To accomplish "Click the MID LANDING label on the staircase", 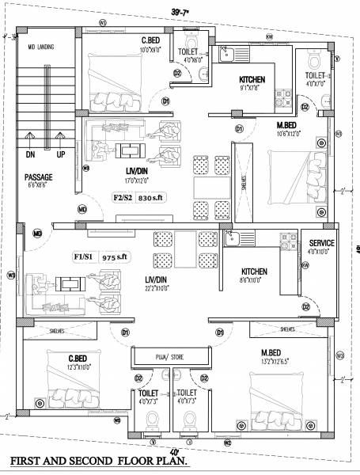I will tap(40, 47).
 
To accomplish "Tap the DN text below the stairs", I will tap(31, 154).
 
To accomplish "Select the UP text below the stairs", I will tap(61, 154).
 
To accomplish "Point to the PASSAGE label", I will tap(38, 177).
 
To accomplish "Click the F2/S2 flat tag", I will tap(123, 198).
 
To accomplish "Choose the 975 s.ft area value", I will tap(114, 257).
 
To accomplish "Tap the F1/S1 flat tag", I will tap(84, 257).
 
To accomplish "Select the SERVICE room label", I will tap(321, 243).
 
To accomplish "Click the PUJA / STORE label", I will tap(172, 358).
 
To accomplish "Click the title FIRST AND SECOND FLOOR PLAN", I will tap(98, 459).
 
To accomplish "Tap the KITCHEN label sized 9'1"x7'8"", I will tap(252, 79).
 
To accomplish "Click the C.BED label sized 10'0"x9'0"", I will tap(151, 40).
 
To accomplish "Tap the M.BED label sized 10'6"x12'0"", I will tap(286, 125).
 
